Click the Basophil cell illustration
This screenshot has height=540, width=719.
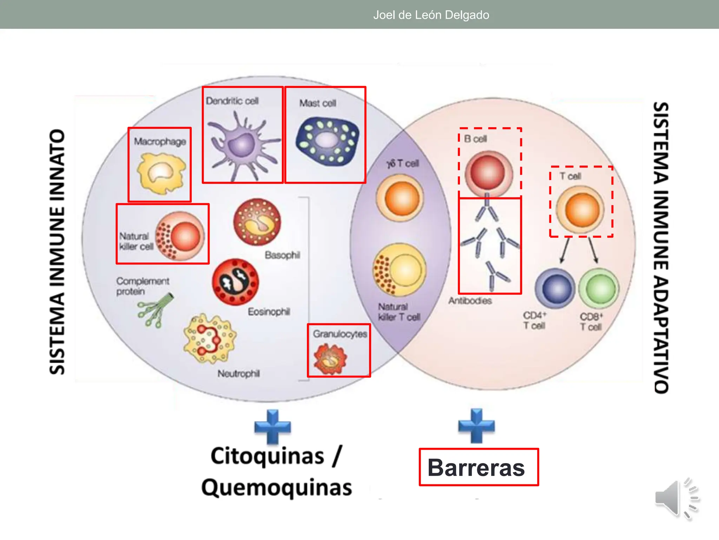pyautogui.click(x=257, y=222)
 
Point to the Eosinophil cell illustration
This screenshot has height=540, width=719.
pyautogui.click(x=235, y=282)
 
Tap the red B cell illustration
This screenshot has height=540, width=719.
pyautogui.click(x=488, y=173)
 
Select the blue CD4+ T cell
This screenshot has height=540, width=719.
pyautogui.click(x=555, y=289)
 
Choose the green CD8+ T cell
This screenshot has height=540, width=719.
pyautogui.click(x=599, y=289)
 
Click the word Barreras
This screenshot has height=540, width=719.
pyautogui.click(x=476, y=468)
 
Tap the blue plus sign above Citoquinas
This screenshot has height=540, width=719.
pyautogui.click(x=272, y=427)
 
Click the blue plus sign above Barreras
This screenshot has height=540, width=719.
pyautogui.click(x=476, y=426)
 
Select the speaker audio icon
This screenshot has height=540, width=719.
pyautogui.click(x=677, y=499)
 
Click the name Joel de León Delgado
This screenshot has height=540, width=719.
pyautogui.click(x=431, y=15)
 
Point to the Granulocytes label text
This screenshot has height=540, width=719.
pyautogui.click(x=340, y=334)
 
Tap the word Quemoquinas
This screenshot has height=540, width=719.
pyautogui.click(x=277, y=488)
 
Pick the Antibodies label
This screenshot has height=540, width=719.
pyautogui.click(x=470, y=301)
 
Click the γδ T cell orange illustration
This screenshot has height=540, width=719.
pyautogui.click(x=400, y=198)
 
